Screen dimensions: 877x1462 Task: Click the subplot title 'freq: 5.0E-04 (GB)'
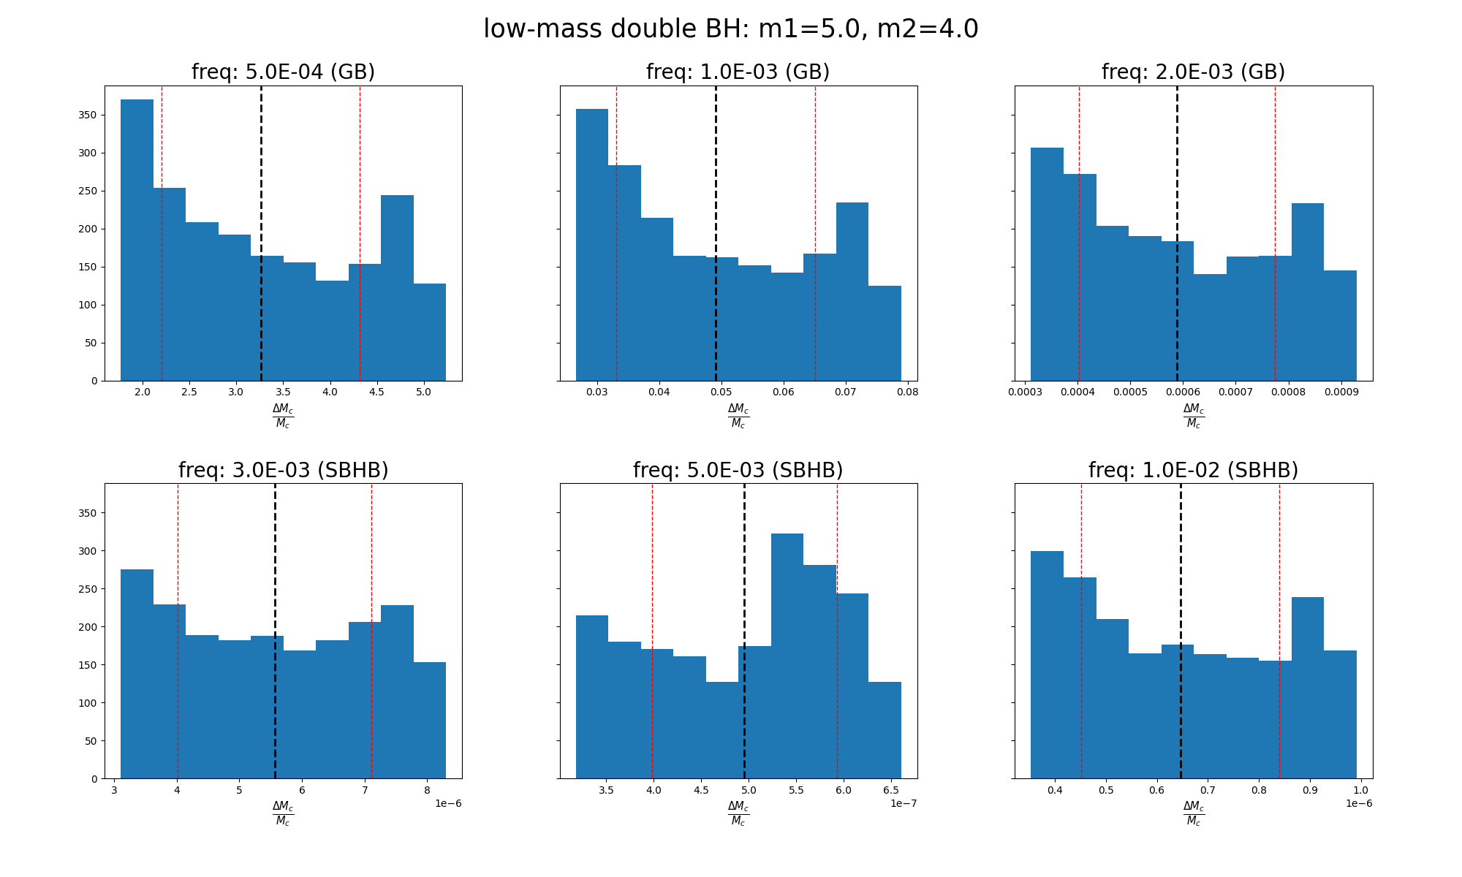[x=283, y=72]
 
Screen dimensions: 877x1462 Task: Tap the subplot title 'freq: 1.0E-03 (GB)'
[x=738, y=72]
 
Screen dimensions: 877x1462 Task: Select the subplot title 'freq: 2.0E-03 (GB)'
[x=1193, y=72]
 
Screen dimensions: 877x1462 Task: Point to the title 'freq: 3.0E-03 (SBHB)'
[x=283, y=470]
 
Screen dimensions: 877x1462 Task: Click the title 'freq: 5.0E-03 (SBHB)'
[x=738, y=470]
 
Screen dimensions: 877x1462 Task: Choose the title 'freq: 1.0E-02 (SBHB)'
[x=1193, y=470]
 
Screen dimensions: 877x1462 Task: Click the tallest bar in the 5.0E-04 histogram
[x=137, y=241]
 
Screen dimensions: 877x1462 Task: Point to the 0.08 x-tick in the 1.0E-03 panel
[x=907, y=392]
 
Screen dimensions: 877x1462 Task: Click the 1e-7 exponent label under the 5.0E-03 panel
[x=904, y=803]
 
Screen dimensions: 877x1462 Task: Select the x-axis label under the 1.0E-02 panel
[x=1193, y=813]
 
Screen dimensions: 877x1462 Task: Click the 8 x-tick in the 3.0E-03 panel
[x=426, y=790]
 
